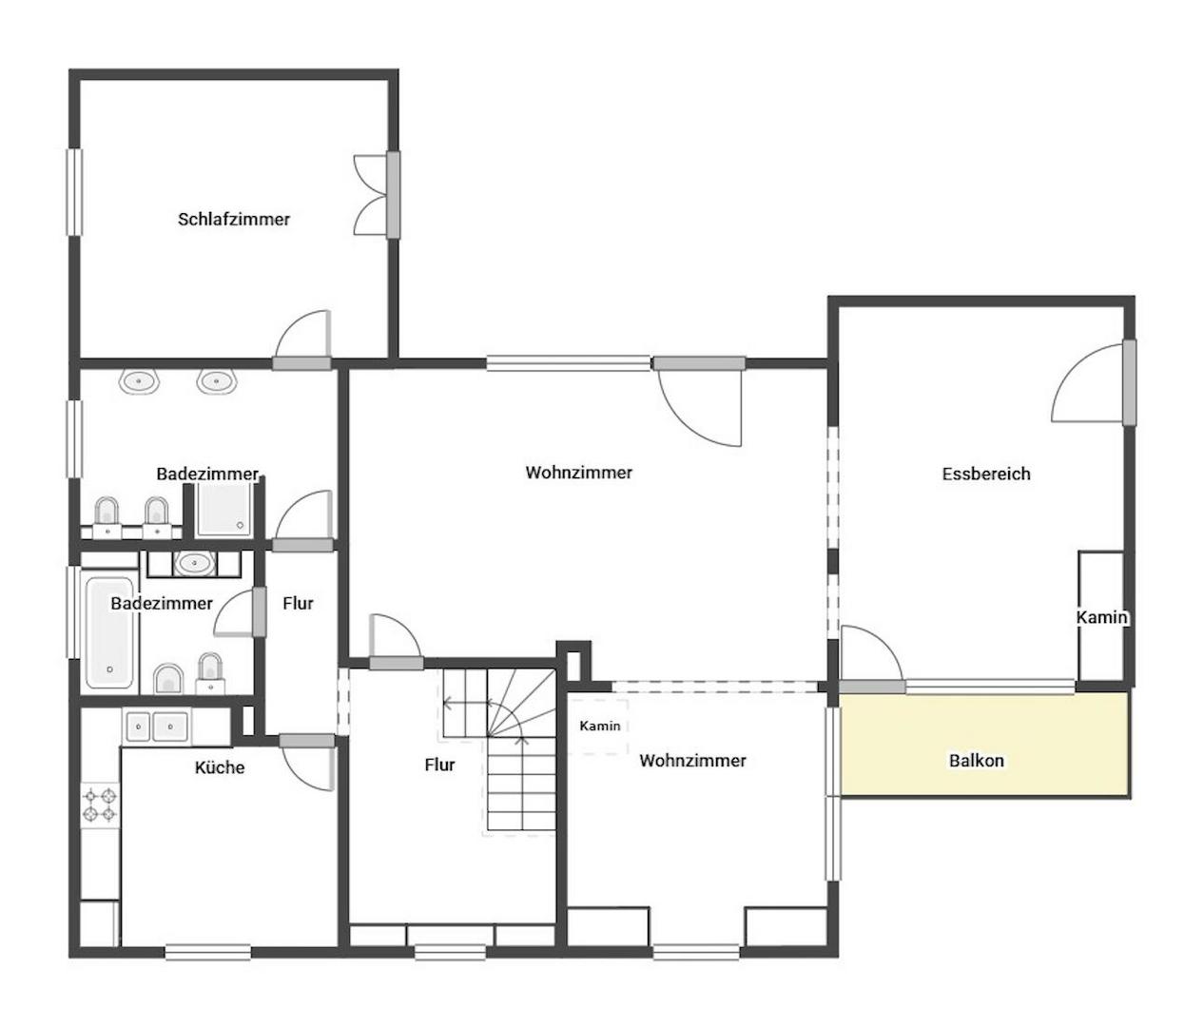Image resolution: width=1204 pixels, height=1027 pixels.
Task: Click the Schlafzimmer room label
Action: point(234,219)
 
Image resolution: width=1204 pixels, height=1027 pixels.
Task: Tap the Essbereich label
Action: point(986,474)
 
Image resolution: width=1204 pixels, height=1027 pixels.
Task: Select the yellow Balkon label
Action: point(977,760)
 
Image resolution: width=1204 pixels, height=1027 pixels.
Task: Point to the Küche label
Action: point(220,767)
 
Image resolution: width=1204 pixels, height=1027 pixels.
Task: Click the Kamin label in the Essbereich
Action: point(1101,617)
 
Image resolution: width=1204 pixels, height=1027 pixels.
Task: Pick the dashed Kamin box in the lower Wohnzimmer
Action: point(598,727)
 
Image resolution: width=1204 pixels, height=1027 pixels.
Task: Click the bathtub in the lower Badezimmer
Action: point(110,632)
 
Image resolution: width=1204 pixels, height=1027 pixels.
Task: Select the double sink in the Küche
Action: point(157,727)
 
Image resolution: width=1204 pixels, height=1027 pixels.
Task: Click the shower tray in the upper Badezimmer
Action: point(224,508)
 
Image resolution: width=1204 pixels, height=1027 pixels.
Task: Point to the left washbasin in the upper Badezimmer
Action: point(139,381)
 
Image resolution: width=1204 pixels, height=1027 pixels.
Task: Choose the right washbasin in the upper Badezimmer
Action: point(217,381)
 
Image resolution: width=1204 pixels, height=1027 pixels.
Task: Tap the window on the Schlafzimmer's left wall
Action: point(74,192)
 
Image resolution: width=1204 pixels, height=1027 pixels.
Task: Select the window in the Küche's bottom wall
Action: point(208,952)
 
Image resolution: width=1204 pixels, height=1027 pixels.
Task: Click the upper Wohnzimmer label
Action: point(578,473)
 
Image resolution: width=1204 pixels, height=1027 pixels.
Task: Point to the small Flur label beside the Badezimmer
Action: point(298,603)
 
